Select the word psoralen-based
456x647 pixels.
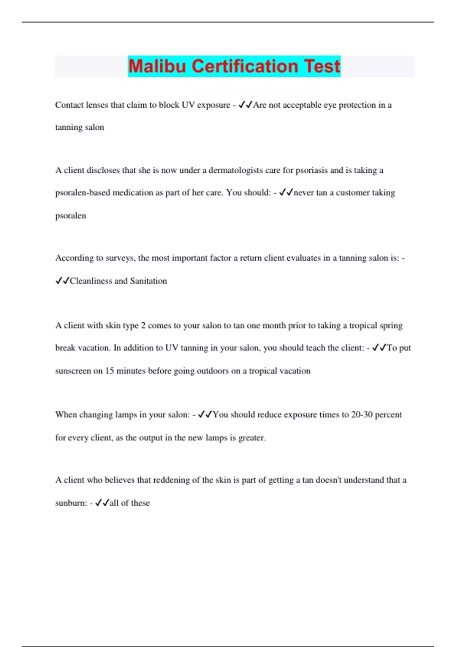[x=82, y=193]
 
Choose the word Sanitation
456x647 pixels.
[x=148, y=281]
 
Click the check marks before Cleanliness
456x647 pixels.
[x=62, y=281]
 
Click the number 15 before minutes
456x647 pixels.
[x=109, y=371]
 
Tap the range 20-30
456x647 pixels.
[x=362, y=414]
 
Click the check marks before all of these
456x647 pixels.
[x=102, y=503]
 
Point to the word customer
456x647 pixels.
[x=352, y=193]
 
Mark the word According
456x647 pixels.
[x=74, y=258]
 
